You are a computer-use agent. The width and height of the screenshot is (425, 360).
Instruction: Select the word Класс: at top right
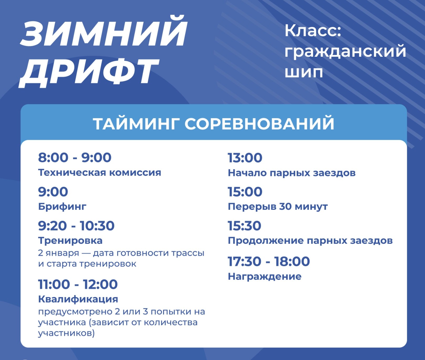[x=313, y=31]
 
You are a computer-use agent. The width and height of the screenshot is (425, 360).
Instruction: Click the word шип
[x=304, y=72]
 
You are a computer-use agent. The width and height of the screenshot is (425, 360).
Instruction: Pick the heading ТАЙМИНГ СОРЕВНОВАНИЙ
[x=214, y=124]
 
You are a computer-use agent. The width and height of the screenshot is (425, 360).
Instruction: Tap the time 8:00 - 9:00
[x=75, y=157]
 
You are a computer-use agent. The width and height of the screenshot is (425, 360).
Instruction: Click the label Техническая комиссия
[x=100, y=173]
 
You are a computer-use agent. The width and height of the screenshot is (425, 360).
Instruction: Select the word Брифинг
[x=62, y=207]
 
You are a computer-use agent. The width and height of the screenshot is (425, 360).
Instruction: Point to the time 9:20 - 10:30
[x=76, y=226]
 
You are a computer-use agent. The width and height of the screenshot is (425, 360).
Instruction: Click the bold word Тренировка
[x=70, y=240]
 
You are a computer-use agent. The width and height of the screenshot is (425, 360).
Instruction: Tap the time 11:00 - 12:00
[x=78, y=284]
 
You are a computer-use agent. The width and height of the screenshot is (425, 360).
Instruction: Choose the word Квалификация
[x=78, y=299]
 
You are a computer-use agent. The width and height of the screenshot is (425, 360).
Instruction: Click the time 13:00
[x=245, y=158]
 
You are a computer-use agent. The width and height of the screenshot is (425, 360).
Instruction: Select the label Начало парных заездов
[x=292, y=173]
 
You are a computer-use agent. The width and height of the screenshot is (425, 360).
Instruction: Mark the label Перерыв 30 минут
[x=278, y=207]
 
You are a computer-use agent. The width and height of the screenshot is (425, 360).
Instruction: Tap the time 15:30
[x=245, y=226]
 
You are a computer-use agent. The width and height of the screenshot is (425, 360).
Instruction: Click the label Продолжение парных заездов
[x=310, y=241]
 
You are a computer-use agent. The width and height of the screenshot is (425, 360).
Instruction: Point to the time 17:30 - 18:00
[x=269, y=261]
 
